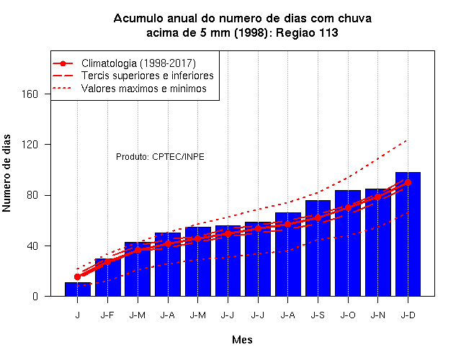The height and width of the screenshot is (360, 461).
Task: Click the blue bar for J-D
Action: [x=408, y=234]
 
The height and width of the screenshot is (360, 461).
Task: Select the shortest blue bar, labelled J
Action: [x=78, y=289]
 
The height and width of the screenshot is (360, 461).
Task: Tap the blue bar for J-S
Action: [x=318, y=248]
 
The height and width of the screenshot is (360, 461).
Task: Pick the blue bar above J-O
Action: [x=348, y=243]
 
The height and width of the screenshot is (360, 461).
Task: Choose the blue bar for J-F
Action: [x=107, y=277]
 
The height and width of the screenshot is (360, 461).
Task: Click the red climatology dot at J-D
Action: [x=408, y=182]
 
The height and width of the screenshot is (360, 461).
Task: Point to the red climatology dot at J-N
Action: [x=377, y=197]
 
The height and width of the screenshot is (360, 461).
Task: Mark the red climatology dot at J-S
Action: [x=318, y=217]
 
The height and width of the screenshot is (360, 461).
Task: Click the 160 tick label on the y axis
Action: [x=30, y=94]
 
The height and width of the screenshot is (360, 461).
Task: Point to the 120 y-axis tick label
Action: [x=30, y=145]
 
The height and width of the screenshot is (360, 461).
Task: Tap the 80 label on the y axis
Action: [x=32, y=195]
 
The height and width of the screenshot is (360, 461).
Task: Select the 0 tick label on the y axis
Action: [x=35, y=296]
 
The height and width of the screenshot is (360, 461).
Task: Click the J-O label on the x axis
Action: [x=348, y=315]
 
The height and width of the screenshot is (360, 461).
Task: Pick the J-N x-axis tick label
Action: [x=377, y=315]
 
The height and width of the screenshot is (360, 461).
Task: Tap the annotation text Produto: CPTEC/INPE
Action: [x=160, y=157]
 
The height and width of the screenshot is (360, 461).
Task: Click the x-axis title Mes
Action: [x=242, y=340]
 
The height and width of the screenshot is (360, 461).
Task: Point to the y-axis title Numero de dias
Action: [x=6, y=173]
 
